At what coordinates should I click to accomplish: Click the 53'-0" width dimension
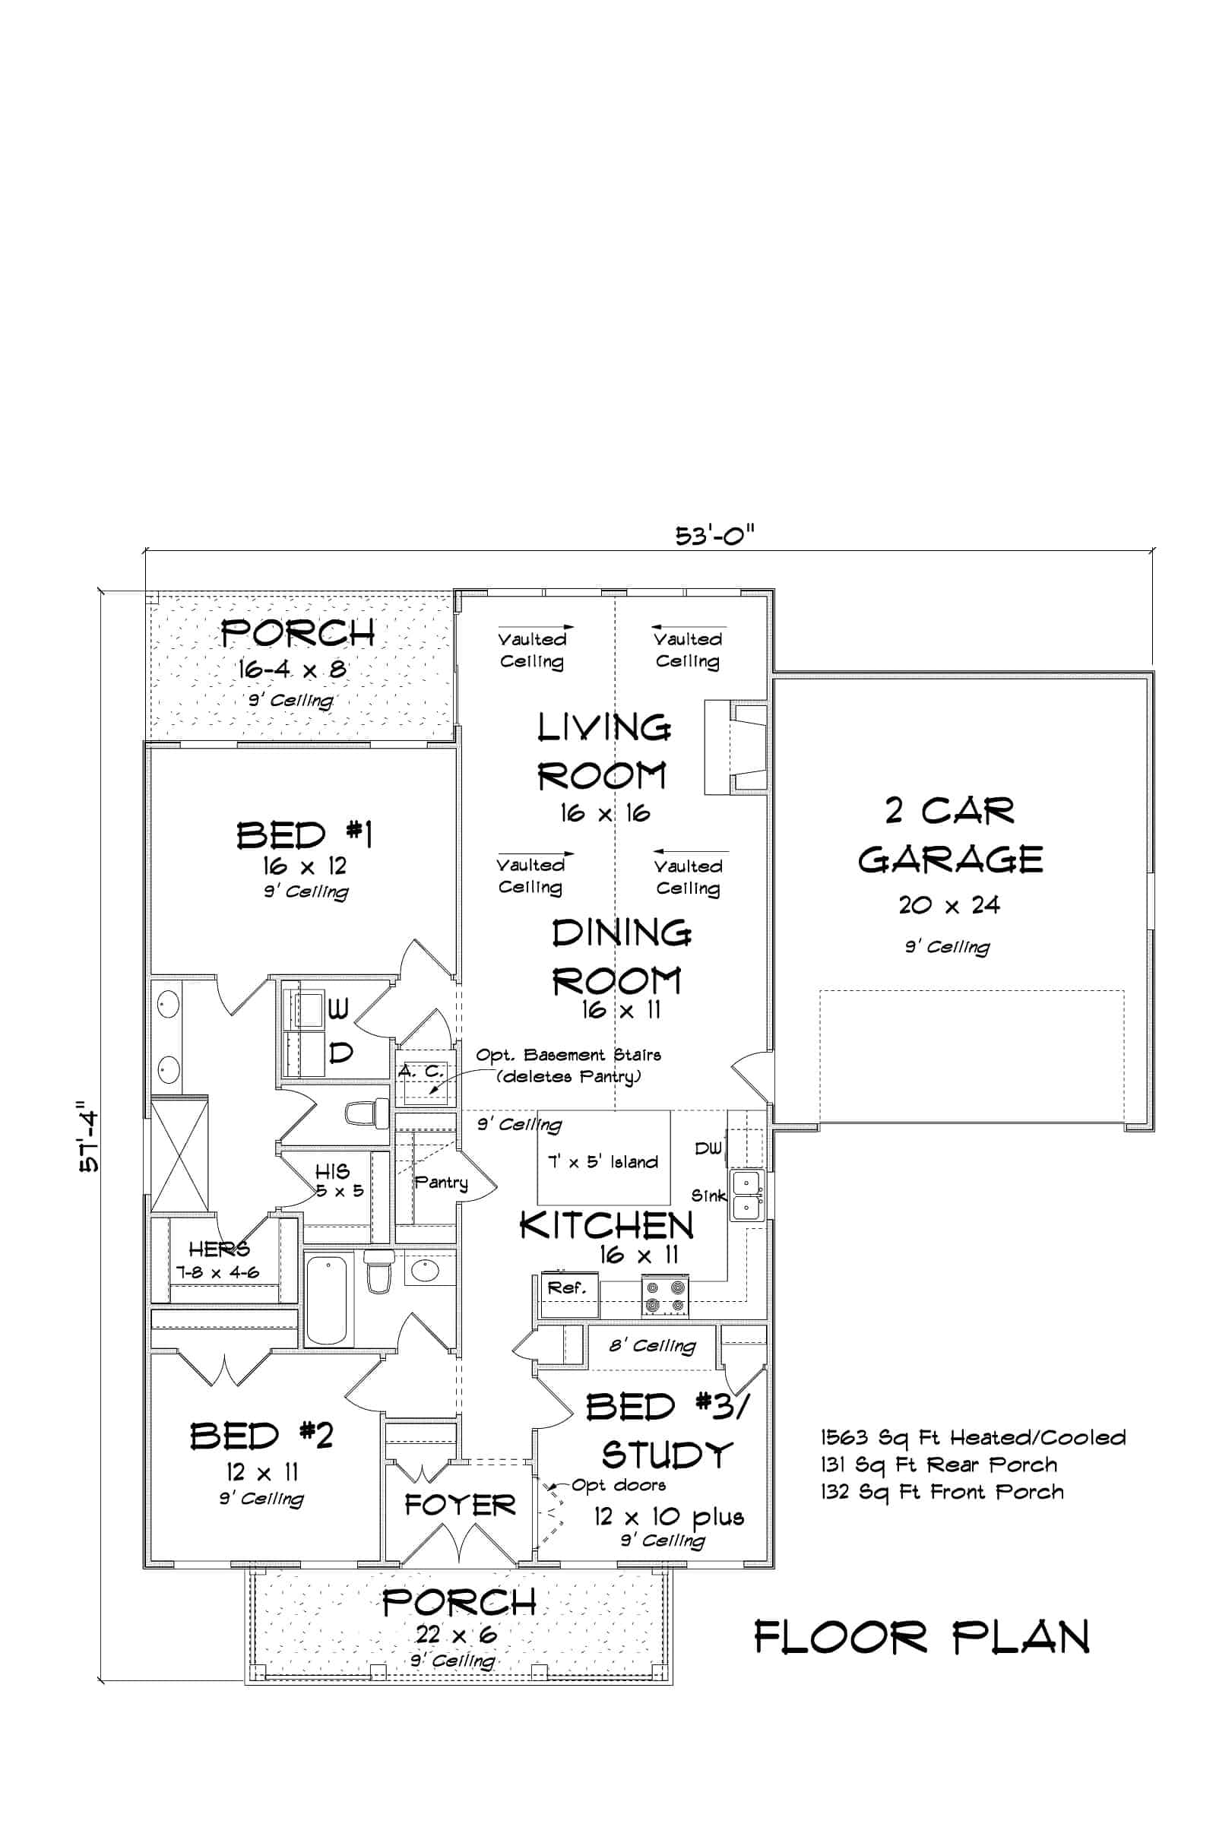point(714,536)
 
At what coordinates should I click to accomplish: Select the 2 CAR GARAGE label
point(950,834)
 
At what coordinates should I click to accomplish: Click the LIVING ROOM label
point(603,752)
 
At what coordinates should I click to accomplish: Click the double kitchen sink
point(747,1194)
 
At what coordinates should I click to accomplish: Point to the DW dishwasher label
point(708,1148)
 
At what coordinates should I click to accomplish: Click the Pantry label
point(442,1183)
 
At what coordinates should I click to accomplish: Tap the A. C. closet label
point(422,1071)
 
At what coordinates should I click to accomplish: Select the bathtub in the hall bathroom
point(326,1300)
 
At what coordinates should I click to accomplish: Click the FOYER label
point(460,1506)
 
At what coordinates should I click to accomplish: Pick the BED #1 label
point(305,835)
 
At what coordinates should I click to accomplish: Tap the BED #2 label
point(262,1436)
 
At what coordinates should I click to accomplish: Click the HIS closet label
point(332,1171)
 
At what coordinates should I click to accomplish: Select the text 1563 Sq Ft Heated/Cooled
point(974,1438)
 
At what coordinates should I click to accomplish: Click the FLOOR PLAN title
point(922,1636)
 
